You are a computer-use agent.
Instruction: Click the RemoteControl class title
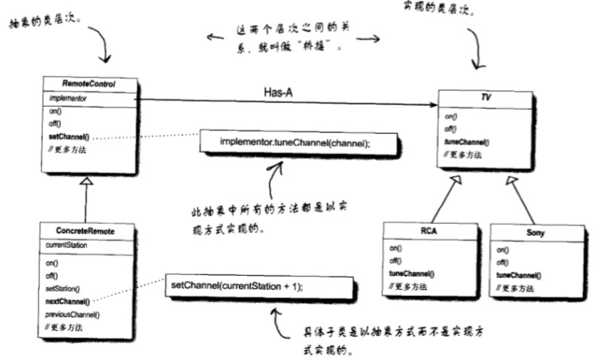pyautogui.click(x=89, y=83)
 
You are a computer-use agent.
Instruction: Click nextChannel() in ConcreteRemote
pyautogui.click(x=68, y=301)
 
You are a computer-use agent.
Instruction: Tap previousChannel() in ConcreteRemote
pyautogui.click(x=73, y=314)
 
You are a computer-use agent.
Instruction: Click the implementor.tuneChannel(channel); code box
pyautogui.click(x=295, y=142)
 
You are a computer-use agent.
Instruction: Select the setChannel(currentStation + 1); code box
pyautogui.click(x=259, y=286)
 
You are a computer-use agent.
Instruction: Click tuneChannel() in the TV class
pyautogui.click(x=467, y=141)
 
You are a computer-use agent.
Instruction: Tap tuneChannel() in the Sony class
pyautogui.click(x=519, y=276)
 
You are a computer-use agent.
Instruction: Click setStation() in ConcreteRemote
pyautogui.click(x=63, y=289)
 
